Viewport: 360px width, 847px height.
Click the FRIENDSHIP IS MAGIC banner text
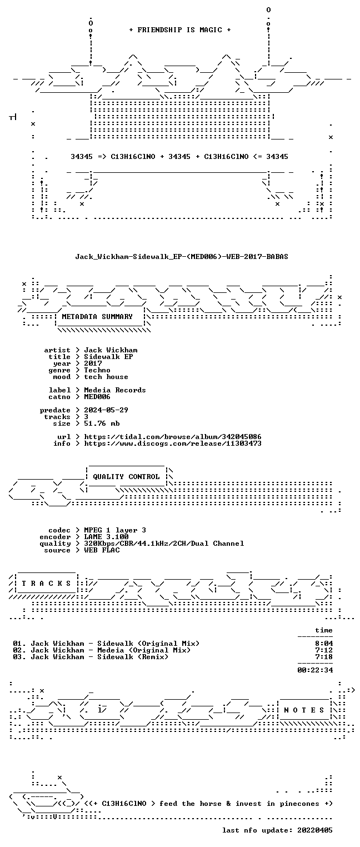click(180, 30)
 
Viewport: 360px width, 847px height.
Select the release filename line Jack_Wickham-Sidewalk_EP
click(182, 257)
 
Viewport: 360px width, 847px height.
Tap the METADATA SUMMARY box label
click(97, 317)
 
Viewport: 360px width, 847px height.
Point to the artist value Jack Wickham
click(111, 350)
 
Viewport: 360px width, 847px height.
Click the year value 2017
click(93, 363)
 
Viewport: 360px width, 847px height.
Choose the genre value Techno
click(97, 370)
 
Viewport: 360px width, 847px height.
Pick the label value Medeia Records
click(115, 390)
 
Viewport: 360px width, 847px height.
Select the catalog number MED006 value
click(97, 397)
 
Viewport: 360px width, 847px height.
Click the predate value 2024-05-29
click(106, 410)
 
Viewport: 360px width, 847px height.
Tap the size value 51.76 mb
click(102, 423)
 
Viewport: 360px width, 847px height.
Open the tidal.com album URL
click(173, 437)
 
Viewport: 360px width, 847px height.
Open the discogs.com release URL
click(173, 444)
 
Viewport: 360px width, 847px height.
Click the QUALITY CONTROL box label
click(126, 477)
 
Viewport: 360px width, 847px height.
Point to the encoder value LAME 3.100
click(106, 537)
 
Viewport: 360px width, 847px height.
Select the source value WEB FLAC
click(102, 550)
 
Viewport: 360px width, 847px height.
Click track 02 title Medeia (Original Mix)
click(144, 650)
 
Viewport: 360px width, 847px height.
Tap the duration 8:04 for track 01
click(324, 644)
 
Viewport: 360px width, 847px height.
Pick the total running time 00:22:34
click(315, 670)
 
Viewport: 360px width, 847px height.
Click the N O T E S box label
click(304, 710)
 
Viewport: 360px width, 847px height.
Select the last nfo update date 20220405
click(315, 830)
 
